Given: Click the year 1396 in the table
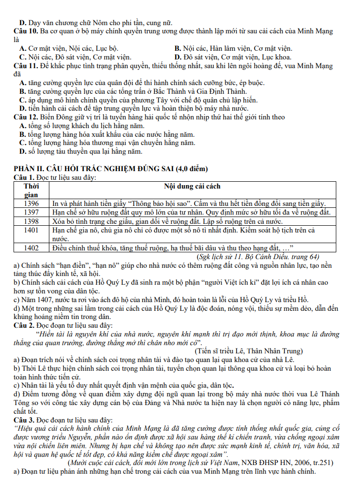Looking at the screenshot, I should click(x=31, y=204).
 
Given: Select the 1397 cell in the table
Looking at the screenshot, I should click(x=31, y=212).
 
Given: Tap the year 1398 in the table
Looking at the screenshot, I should click(x=31, y=221).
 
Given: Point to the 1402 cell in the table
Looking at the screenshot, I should click(x=31, y=247).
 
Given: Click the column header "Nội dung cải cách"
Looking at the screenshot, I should click(x=192, y=186).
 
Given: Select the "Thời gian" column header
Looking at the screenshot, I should click(x=31, y=190).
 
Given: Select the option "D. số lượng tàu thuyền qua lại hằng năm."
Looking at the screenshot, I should click(x=80, y=152).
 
